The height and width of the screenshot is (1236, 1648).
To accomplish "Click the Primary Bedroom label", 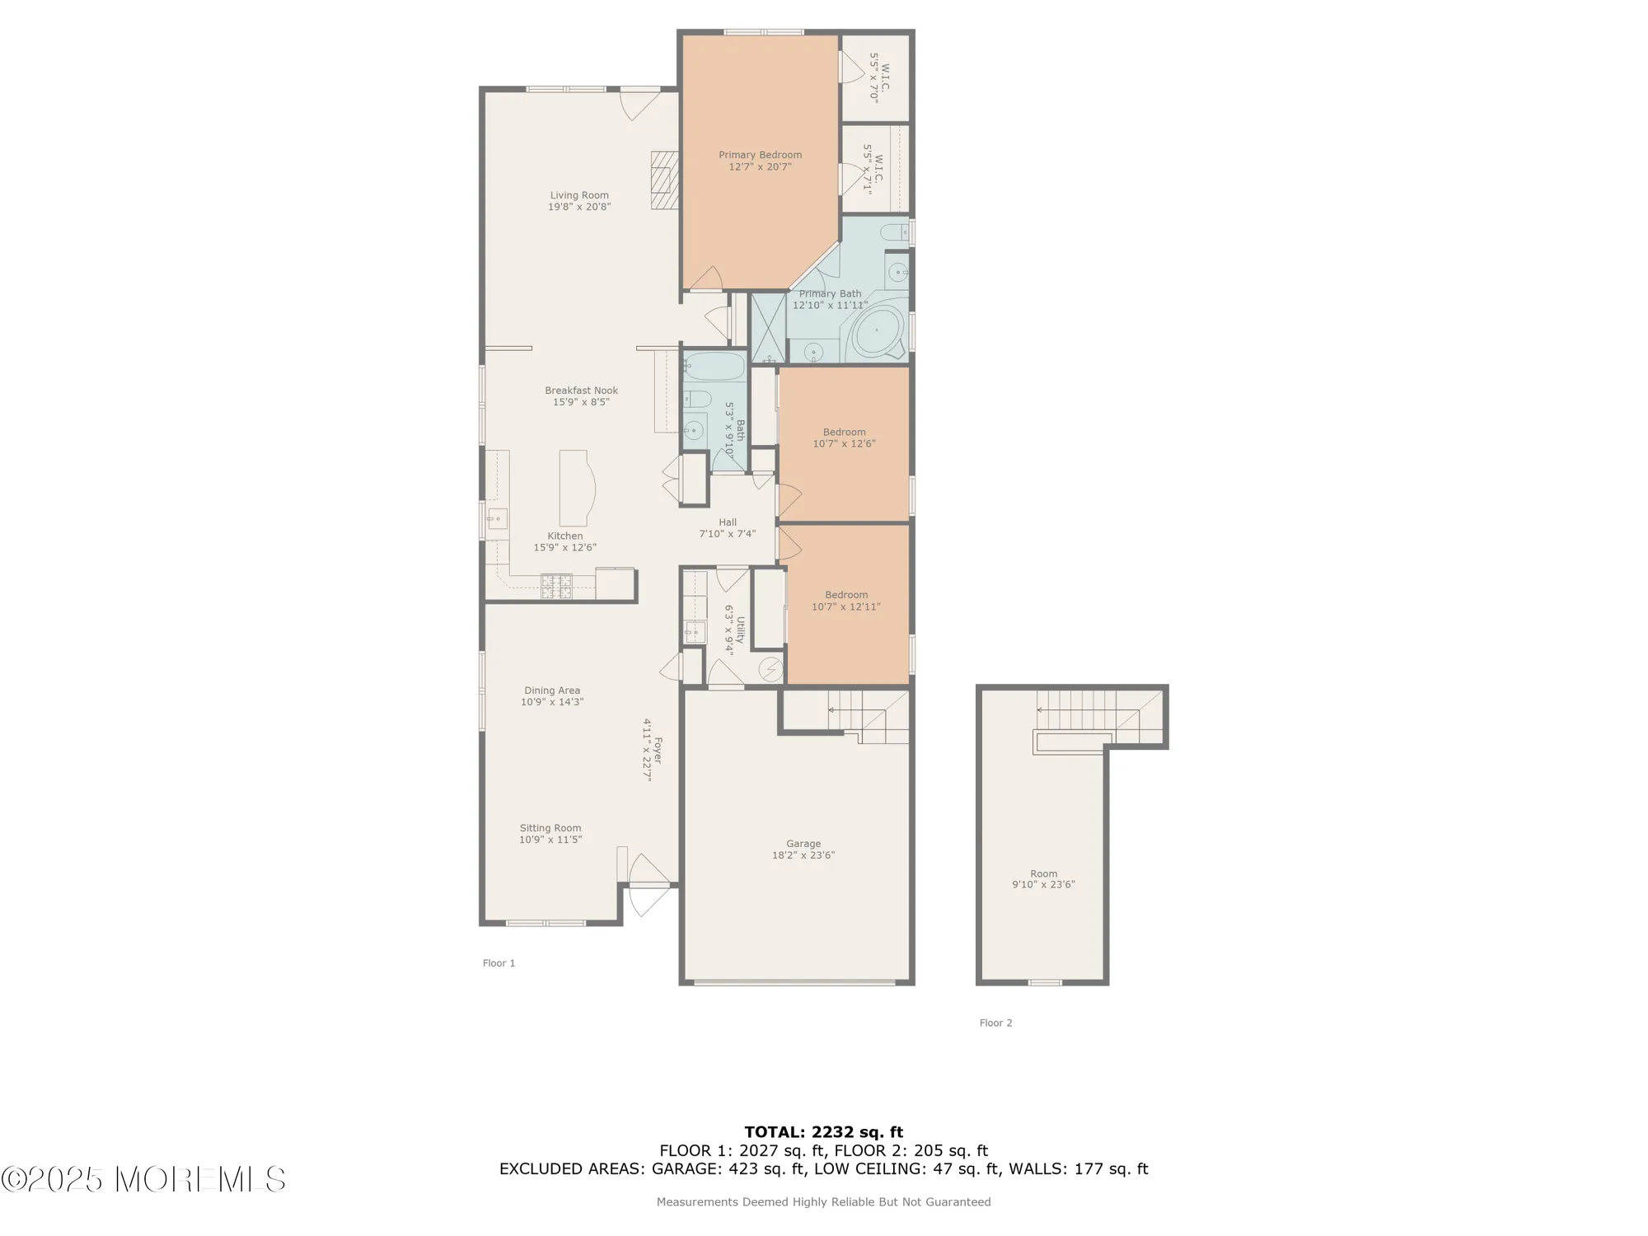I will pyautogui.click(x=760, y=155).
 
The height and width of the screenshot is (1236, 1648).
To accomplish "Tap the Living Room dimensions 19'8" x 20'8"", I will pyautogui.click(x=579, y=208).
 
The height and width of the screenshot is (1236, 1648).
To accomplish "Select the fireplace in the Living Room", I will pyautogui.click(x=664, y=180).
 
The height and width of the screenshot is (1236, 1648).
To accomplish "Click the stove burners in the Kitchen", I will pyautogui.click(x=556, y=586).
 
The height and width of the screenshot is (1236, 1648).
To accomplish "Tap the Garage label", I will pyautogui.click(x=803, y=844).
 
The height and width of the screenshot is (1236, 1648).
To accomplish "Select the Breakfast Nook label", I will pyautogui.click(x=581, y=391).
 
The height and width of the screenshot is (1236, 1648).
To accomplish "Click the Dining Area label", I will pyautogui.click(x=552, y=691).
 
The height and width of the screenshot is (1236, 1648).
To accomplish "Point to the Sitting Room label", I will pyautogui.click(x=550, y=828).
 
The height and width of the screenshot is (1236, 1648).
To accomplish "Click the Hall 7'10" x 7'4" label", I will pyautogui.click(x=728, y=528).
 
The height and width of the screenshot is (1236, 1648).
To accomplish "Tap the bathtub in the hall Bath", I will pyautogui.click(x=714, y=366).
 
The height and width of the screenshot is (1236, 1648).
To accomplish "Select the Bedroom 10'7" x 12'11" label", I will pyautogui.click(x=846, y=601).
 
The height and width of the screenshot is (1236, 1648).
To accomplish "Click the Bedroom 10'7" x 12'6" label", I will pyautogui.click(x=844, y=438).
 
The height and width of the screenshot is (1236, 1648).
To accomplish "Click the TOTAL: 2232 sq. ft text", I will pyautogui.click(x=823, y=1132).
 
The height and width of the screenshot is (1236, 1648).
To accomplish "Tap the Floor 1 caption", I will pyautogui.click(x=499, y=963).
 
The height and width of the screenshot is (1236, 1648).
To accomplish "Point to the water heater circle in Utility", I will pyautogui.click(x=771, y=669).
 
